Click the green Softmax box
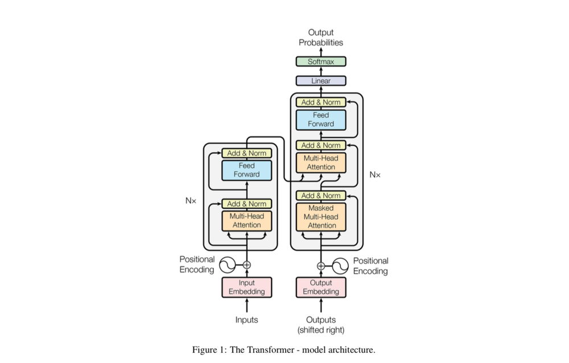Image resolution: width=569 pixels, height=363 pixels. point(321,61)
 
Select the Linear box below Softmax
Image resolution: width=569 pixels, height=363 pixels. point(321,81)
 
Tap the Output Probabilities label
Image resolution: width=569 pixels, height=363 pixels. point(321,38)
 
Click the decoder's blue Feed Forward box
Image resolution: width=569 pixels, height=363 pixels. point(321,119)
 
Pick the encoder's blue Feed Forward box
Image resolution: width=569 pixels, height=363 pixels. point(247,170)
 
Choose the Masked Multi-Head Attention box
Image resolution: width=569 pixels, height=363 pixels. point(321,217)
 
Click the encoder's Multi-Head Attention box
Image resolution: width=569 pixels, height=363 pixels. point(247,221)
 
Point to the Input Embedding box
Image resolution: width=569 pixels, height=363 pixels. point(247,287)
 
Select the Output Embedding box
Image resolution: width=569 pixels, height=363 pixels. point(321,287)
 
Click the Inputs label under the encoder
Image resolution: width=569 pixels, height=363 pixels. point(247,320)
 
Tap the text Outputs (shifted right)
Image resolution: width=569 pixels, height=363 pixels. point(321,324)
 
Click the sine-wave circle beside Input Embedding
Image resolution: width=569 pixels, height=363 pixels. point(227,265)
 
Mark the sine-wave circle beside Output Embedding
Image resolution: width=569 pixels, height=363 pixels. point(340,265)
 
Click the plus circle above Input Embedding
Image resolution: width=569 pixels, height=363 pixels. point(247,265)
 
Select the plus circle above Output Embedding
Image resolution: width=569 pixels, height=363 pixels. point(321,265)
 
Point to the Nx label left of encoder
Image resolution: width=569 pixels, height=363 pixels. point(191,201)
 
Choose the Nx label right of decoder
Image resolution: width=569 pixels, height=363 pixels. point(375,175)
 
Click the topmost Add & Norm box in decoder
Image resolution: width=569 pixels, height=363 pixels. point(321,102)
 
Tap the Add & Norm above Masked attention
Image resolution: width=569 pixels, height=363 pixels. point(321,196)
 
